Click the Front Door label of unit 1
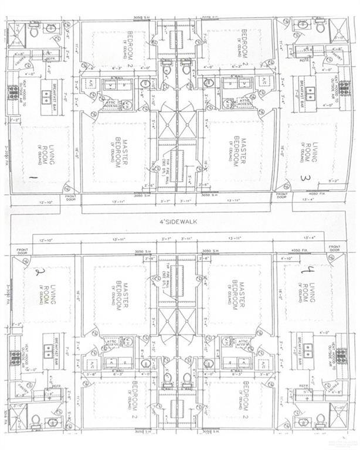click(x=70, y=197)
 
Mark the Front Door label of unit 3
click(x=283, y=196)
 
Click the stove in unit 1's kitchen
click(x=13, y=93)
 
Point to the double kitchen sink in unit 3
click(x=310, y=93)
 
